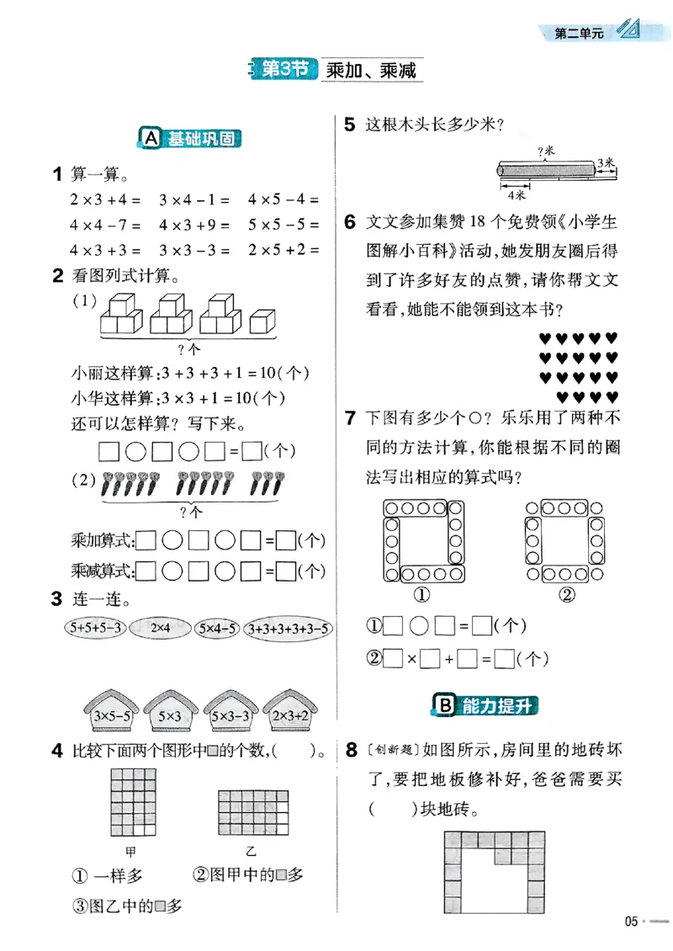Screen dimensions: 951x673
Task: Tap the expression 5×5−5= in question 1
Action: (x=284, y=226)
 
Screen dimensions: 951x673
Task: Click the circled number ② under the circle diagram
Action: (x=565, y=596)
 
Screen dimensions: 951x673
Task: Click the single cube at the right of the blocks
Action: (x=263, y=321)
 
